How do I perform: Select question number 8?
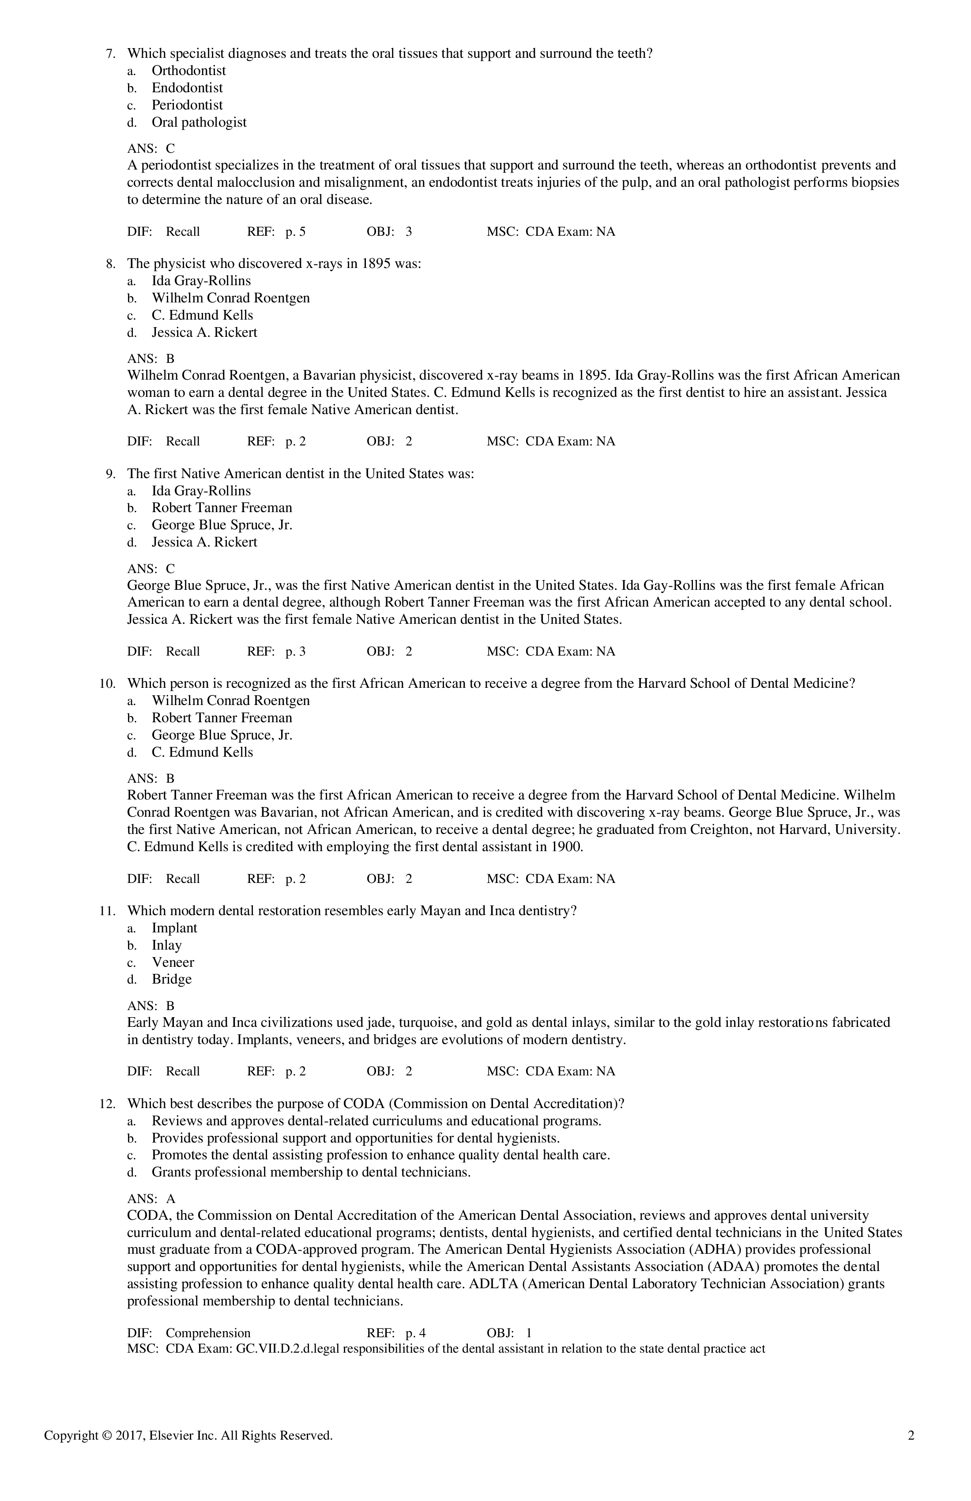pos(110,264)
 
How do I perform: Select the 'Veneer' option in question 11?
pos(173,962)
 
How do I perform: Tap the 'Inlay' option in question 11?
pos(166,945)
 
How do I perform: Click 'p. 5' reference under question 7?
pos(295,231)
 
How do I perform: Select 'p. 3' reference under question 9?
pos(295,652)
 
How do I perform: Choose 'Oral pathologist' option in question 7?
pos(199,122)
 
